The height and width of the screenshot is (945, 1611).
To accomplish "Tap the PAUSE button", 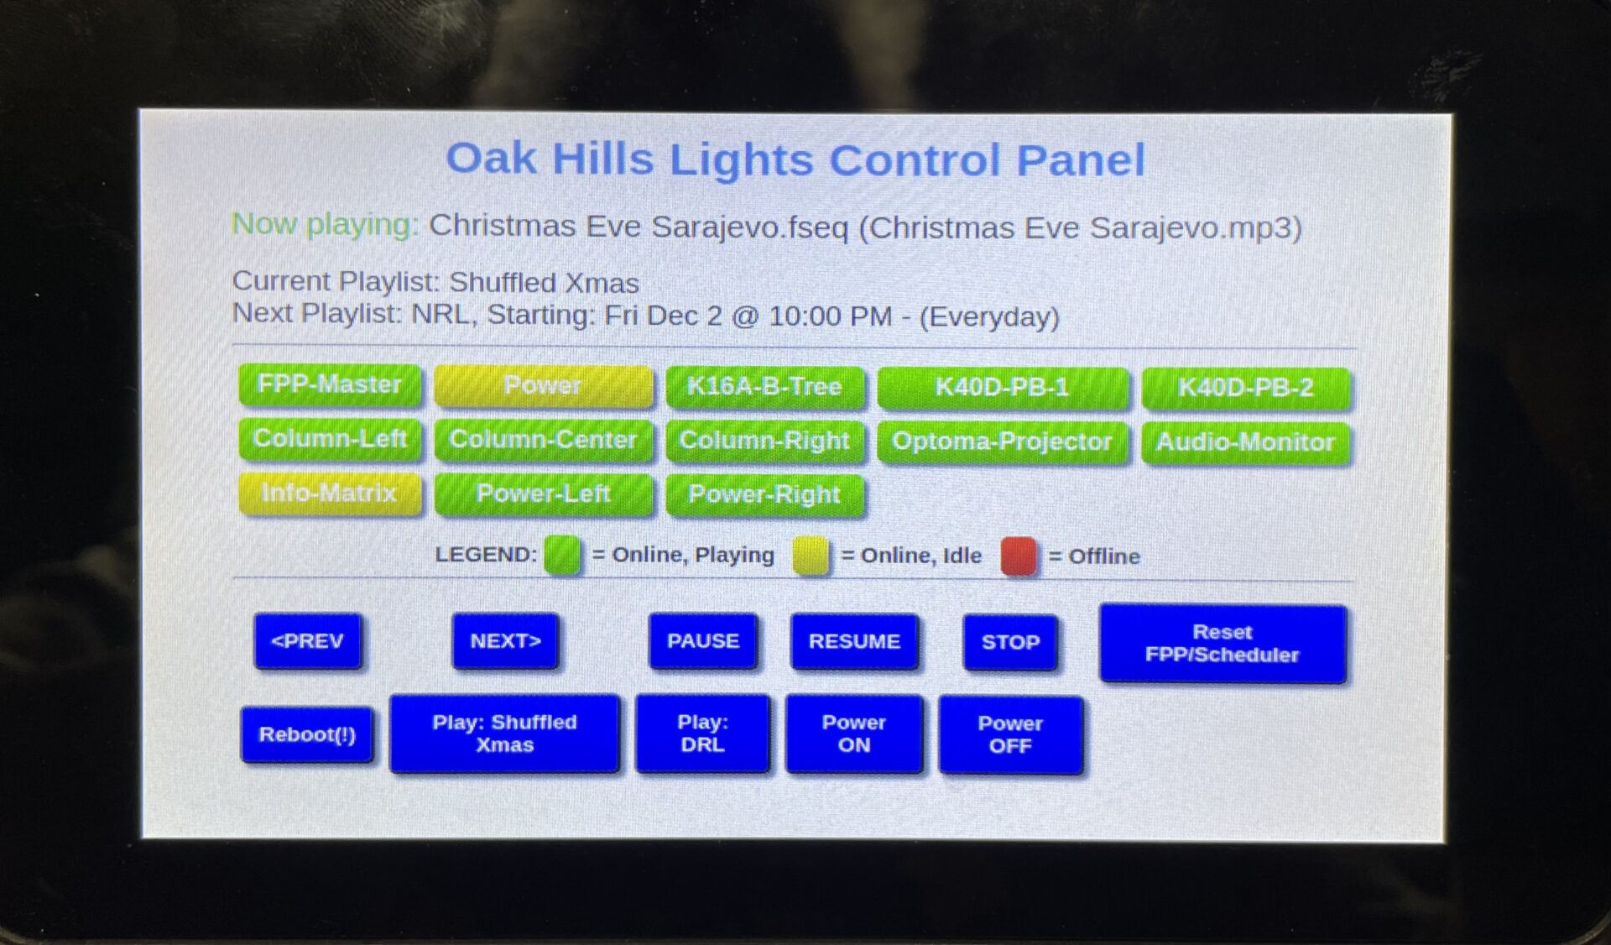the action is [x=703, y=641].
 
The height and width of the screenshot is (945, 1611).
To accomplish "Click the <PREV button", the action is [x=308, y=641].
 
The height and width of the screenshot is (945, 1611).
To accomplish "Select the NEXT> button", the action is [x=505, y=641].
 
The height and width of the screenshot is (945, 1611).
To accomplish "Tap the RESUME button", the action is [x=854, y=642].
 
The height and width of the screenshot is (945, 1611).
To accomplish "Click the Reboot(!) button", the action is [x=307, y=734].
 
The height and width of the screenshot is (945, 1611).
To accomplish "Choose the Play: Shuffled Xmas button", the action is [x=505, y=734].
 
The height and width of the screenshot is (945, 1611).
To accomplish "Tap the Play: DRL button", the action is [x=703, y=734].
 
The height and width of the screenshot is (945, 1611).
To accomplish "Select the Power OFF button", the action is [x=1010, y=734].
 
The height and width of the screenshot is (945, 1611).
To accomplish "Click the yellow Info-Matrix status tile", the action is [x=330, y=493].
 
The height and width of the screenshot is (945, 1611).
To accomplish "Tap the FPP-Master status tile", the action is [x=330, y=385].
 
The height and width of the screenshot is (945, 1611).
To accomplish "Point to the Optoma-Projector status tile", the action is [x=1002, y=441].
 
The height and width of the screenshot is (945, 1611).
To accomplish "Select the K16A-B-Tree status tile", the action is [x=764, y=387].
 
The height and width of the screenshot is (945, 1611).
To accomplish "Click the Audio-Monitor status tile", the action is [x=1246, y=442].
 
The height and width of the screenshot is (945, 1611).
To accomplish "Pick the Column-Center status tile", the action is [x=544, y=440].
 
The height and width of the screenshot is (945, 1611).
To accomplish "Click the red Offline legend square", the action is [x=1019, y=556].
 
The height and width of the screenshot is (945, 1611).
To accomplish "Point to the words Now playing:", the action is [x=325, y=224].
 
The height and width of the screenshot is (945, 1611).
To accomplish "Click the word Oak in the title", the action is [x=491, y=159].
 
